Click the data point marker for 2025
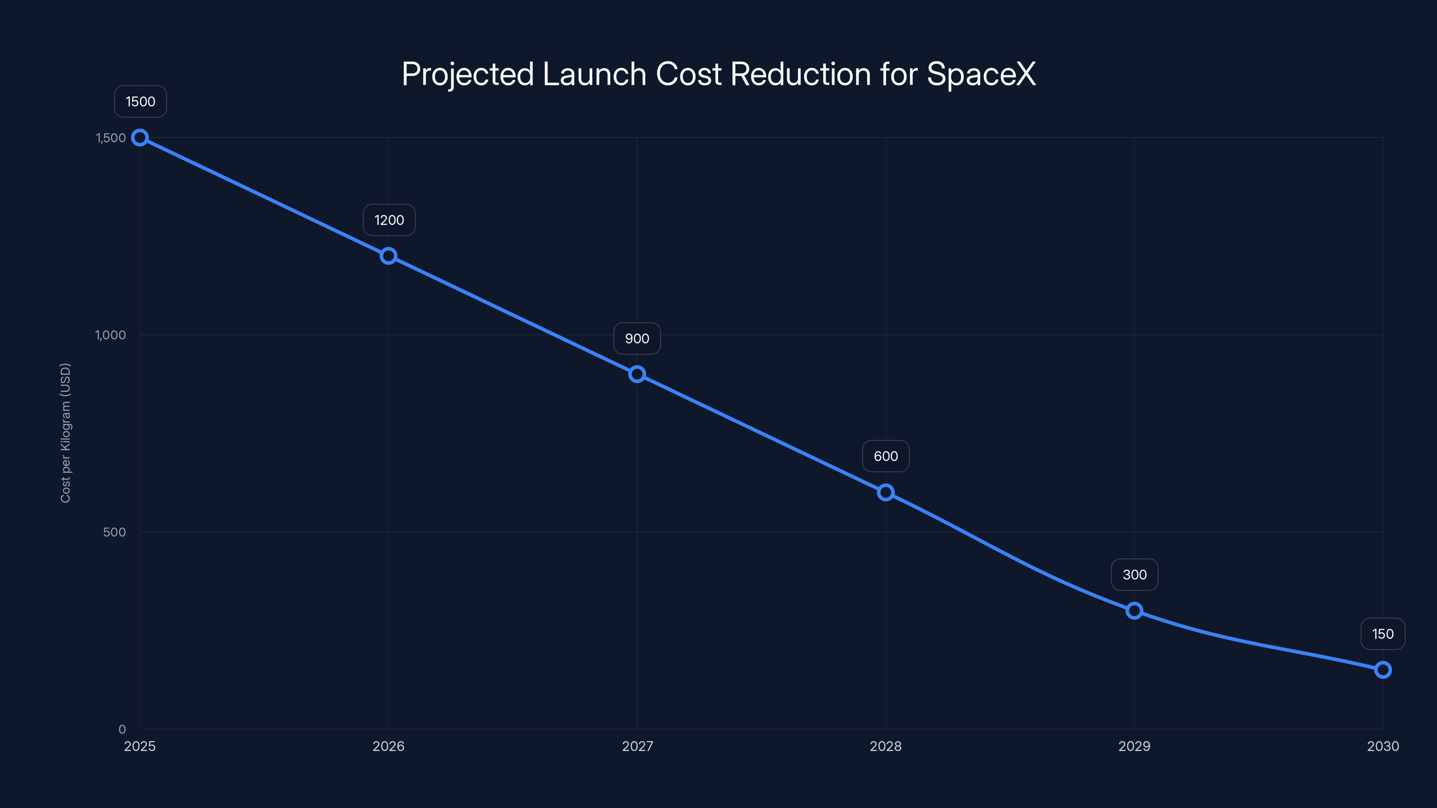[140, 138]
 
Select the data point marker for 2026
[388, 256]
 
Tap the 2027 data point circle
[637, 374]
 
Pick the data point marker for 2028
[885, 492]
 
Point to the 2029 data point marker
[1134, 610]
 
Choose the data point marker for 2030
[1382, 670]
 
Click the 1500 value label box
[141, 101]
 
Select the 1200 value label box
[389, 220]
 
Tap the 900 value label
[637, 338]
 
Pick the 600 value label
[885, 456]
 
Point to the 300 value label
[1134, 575]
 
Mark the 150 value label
[1382, 634]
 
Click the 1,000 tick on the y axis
[110, 335]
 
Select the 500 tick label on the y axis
[115, 532]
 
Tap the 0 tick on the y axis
[122, 729]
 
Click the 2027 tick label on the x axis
[637, 746]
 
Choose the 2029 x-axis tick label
[1134, 746]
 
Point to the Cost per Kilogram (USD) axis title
[65, 433]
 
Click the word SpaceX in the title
[981, 74]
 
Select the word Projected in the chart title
[467, 74]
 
